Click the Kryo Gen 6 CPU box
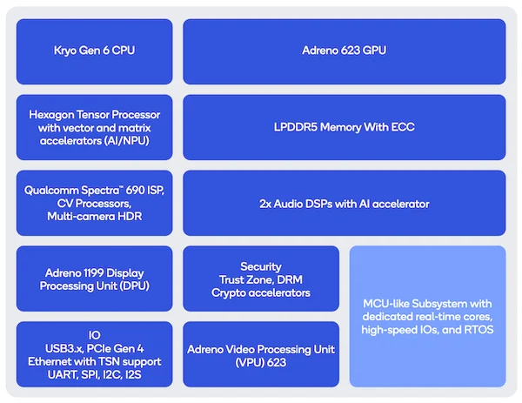(x=95, y=51)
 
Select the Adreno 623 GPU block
(x=345, y=51)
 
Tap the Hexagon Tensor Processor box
(x=95, y=127)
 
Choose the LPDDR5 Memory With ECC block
(x=345, y=127)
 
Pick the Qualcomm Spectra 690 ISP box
(x=95, y=203)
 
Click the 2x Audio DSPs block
(x=345, y=203)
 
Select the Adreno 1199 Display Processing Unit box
(x=95, y=279)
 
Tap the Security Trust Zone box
(x=261, y=279)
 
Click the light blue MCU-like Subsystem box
(x=428, y=317)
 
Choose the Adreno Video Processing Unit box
(x=261, y=354)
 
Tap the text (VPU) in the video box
(x=250, y=362)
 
